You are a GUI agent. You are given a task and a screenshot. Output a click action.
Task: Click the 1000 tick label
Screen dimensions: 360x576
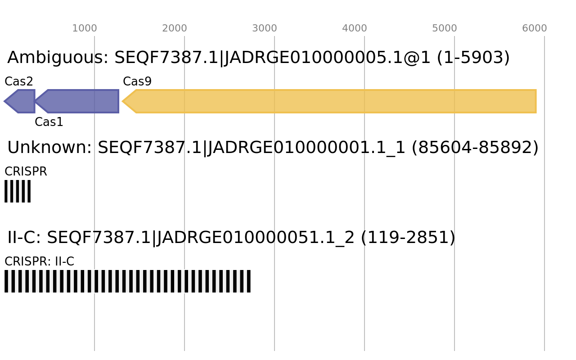pyautogui.click(x=84, y=28)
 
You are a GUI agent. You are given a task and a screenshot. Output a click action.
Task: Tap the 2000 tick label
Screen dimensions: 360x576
pyautogui.click(x=174, y=28)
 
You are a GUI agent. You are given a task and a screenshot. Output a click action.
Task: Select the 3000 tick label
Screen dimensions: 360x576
pyautogui.click(x=264, y=28)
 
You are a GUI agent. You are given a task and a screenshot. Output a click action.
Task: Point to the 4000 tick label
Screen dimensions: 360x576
pyautogui.click(x=354, y=28)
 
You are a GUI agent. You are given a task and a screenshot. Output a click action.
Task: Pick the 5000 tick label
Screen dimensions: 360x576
pyautogui.click(x=444, y=28)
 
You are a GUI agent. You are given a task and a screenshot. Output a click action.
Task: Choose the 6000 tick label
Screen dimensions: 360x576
pyautogui.click(x=534, y=28)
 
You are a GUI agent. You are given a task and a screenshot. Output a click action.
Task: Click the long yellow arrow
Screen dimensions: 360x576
pyautogui.click(x=333, y=101)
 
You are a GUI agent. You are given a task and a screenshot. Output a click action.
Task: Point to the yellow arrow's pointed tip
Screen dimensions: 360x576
pyautogui.click(x=122, y=101)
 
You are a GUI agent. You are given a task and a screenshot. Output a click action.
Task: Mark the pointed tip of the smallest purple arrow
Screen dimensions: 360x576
pyautogui.click(x=4, y=101)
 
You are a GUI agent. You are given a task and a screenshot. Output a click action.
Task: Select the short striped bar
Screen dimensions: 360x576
pyautogui.click(x=18, y=191)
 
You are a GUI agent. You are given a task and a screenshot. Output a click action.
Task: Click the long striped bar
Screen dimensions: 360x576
pyautogui.click(x=127, y=281)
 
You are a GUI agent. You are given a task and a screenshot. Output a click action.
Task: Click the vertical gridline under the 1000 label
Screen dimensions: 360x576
pyautogui.click(x=94, y=315)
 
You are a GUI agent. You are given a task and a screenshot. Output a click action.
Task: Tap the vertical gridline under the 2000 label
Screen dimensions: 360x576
pyautogui.click(x=184, y=315)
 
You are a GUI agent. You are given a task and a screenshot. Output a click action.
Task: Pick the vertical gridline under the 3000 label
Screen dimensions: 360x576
pyautogui.click(x=274, y=315)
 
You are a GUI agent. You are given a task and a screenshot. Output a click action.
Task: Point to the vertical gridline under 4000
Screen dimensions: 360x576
pyautogui.click(x=364, y=315)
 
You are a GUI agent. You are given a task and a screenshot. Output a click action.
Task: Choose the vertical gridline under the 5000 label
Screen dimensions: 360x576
pyautogui.click(x=454, y=315)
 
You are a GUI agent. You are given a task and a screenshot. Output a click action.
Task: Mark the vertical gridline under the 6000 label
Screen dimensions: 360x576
pyautogui.click(x=544, y=315)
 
